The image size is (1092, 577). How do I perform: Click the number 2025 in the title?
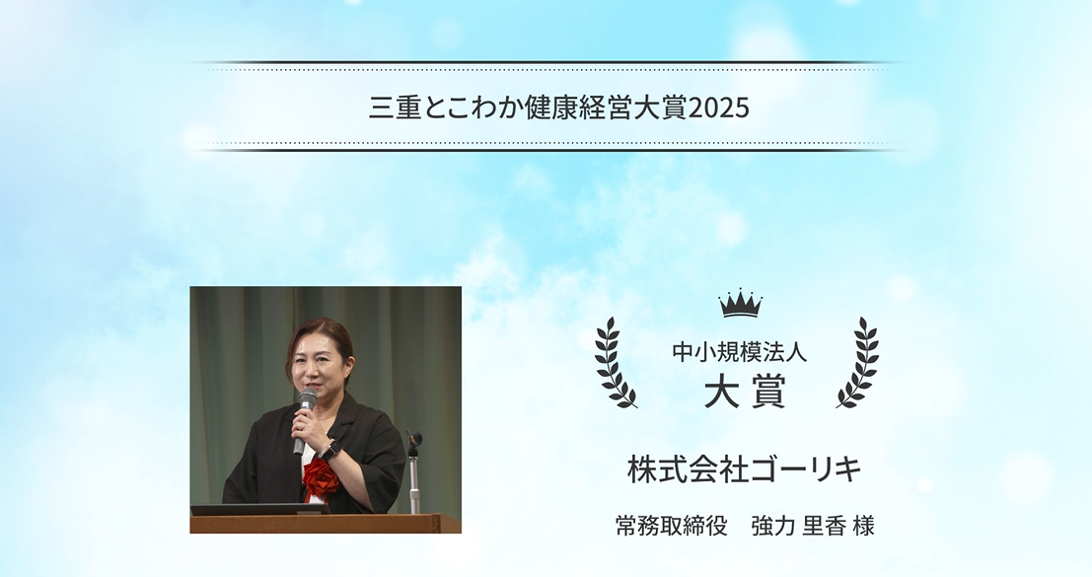(719, 108)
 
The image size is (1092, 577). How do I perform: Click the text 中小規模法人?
(739, 353)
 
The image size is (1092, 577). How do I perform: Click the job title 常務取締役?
(671, 526)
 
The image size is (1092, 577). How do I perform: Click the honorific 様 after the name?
(863, 526)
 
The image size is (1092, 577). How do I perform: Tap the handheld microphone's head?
(308, 398)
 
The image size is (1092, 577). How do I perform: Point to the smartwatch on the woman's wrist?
(332, 449)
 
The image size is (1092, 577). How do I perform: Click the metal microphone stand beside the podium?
(414, 473)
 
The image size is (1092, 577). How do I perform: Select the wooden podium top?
(326, 523)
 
